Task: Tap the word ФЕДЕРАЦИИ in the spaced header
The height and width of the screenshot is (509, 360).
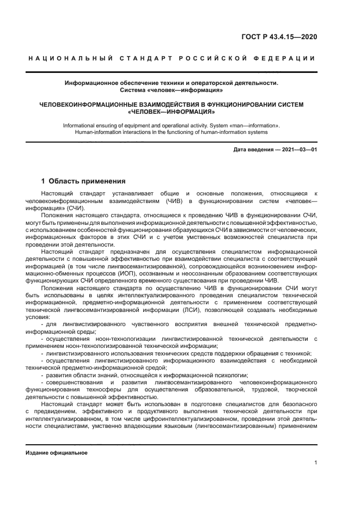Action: pos(287,58)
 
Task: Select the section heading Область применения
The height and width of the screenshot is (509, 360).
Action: pos(87,181)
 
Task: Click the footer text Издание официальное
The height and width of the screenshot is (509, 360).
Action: pos(57,453)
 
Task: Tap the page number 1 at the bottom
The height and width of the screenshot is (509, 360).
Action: pos(315,463)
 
